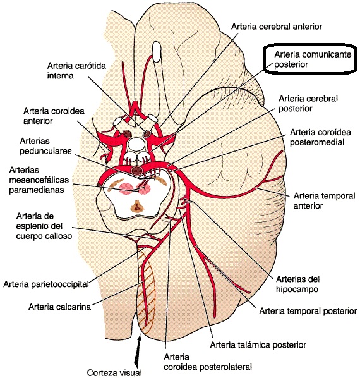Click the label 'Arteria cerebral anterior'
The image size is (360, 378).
[277, 27]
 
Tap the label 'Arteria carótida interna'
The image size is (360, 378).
[76, 71]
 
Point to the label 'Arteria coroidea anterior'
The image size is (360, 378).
[54, 116]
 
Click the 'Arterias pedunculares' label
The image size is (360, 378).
[45, 146]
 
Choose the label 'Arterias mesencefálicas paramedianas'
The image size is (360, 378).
[39, 180]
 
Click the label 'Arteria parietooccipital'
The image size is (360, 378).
[46, 284]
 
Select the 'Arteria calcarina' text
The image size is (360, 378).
[60, 307]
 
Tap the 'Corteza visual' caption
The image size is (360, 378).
[114, 372]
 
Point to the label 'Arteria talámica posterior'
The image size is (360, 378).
[258, 345]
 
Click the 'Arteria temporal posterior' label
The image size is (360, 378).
[308, 311]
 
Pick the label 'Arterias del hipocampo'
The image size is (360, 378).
[298, 284]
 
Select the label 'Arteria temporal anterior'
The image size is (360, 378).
[325, 201]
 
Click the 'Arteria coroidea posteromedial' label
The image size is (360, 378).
[320, 137]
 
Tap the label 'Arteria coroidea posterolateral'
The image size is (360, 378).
[208, 362]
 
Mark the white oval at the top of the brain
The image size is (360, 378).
[157, 51]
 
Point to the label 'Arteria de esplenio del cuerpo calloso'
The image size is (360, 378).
[44, 226]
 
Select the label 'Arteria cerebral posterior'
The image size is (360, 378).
[308, 104]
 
